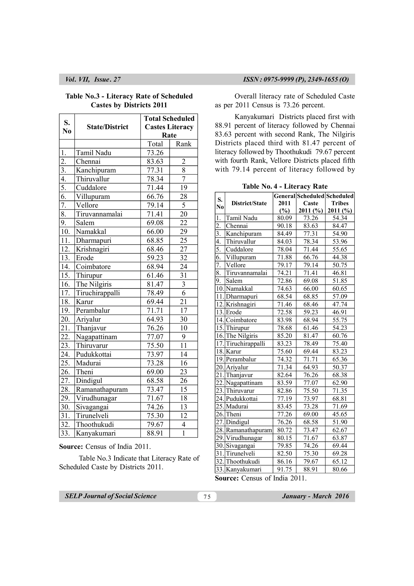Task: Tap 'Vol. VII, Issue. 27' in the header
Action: (x=93, y=79)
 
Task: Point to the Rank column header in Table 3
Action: (x=183, y=144)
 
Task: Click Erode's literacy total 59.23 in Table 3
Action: (x=155, y=258)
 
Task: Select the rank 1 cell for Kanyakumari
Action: (x=183, y=433)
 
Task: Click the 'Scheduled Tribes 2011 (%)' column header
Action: (x=340, y=203)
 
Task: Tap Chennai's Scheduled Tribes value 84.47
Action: (x=340, y=226)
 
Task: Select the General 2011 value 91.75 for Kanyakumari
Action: (x=284, y=469)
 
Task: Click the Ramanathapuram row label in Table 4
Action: (x=249, y=430)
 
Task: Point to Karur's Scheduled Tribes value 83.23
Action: (x=340, y=351)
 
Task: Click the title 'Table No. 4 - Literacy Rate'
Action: (x=285, y=186)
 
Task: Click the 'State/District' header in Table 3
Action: (x=107, y=127)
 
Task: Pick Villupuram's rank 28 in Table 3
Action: (x=183, y=197)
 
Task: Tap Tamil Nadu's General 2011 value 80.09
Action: (x=284, y=218)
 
